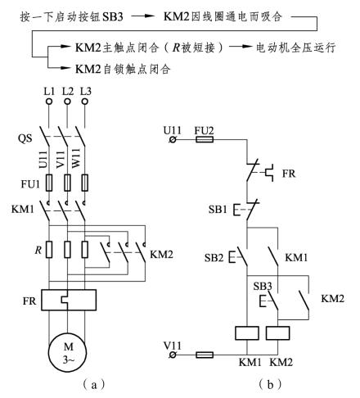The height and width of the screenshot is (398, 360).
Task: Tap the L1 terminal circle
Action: (49, 102)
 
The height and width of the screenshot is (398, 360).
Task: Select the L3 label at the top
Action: (85, 91)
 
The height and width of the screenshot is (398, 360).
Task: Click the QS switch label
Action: (25, 138)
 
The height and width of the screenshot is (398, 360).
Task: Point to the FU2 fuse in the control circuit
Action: (205, 140)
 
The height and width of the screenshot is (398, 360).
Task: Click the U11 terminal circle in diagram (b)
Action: (173, 140)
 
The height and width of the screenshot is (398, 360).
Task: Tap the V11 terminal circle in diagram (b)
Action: (173, 355)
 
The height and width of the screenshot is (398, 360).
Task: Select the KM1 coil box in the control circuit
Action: (247, 333)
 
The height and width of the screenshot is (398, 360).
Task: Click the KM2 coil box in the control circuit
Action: (278, 333)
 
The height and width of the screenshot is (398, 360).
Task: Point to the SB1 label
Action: (218, 209)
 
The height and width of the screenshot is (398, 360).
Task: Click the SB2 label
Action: (214, 257)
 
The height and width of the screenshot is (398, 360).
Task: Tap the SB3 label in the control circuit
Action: (263, 286)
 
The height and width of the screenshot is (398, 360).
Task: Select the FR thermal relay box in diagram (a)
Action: (69, 300)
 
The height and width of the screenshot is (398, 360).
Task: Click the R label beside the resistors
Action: (38, 250)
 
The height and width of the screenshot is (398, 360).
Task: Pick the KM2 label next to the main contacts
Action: (161, 255)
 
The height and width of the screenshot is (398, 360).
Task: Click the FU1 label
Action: (30, 184)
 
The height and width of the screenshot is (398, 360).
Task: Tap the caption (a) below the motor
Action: (93, 385)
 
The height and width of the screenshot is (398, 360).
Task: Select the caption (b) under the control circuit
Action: (270, 385)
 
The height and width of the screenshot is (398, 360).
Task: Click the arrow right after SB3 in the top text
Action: (143, 16)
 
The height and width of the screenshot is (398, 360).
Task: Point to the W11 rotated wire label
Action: (76, 158)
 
